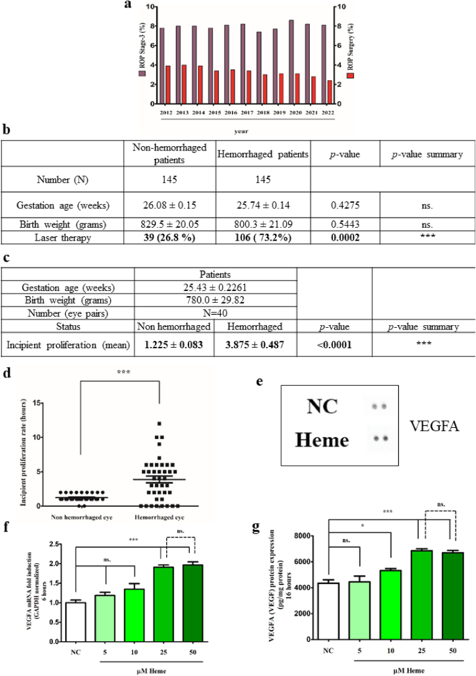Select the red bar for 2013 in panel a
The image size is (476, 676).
pos(184,84)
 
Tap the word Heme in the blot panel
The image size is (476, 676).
pos(322,441)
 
